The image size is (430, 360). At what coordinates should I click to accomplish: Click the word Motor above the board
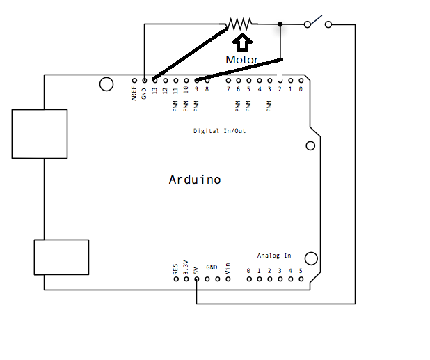241,60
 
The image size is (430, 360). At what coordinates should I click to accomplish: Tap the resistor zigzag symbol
239,24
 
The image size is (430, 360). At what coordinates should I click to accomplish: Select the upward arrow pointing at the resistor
241,42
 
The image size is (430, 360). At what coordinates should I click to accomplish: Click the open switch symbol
318,22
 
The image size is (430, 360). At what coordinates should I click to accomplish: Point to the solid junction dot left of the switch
280,24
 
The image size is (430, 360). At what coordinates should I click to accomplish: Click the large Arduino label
195,180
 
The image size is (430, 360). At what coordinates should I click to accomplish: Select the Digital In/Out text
219,131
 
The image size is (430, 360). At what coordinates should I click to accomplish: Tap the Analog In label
274,256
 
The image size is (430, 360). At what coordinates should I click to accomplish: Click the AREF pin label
134,94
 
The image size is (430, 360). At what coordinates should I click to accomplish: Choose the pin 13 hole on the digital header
154,80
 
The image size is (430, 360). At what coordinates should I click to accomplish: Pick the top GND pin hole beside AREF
144,80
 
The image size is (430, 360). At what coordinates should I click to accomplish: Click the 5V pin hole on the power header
197,279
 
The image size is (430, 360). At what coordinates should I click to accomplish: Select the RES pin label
175,268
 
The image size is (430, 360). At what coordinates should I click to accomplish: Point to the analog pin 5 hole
301,279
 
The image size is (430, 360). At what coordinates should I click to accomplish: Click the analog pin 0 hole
248,279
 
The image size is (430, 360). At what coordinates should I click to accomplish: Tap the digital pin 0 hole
301,80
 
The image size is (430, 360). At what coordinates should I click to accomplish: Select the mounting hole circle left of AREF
106,84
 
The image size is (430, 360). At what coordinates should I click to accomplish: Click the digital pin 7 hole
228,80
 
